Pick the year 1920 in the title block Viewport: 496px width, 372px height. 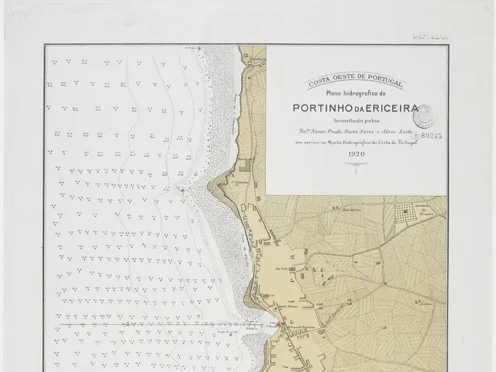pyautogui.click(x=356, y=153)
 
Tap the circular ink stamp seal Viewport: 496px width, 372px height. pyautogui.click(x=423, y=117)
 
